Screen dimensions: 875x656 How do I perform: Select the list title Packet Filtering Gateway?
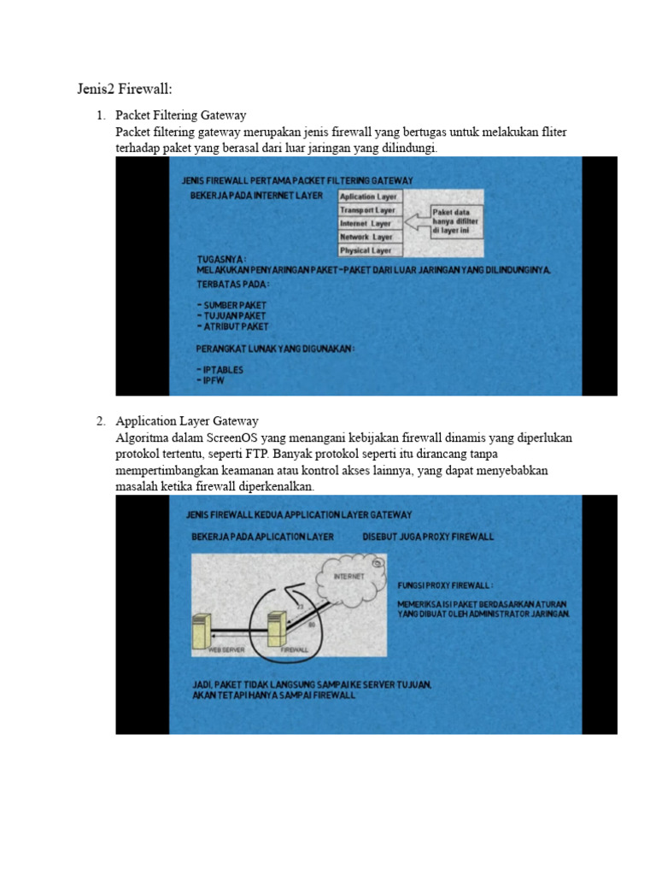click(181, 115)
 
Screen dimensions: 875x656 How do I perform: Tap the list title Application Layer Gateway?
click(187, 421)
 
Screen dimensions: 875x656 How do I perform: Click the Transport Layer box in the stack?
click(368, 209)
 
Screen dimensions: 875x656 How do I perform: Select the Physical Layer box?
click(366, 250)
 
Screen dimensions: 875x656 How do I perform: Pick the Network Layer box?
click(366, 237)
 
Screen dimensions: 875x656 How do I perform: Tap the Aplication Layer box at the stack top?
click(368, 197)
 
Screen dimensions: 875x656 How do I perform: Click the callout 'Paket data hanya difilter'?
click(456, 220)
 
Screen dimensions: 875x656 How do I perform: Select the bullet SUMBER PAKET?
click(231, 305)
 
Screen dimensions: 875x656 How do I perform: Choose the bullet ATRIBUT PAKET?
click(232, 326)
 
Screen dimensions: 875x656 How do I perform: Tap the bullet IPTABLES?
click(220, 370)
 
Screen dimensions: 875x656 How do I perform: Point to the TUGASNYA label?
click(222, 259)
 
